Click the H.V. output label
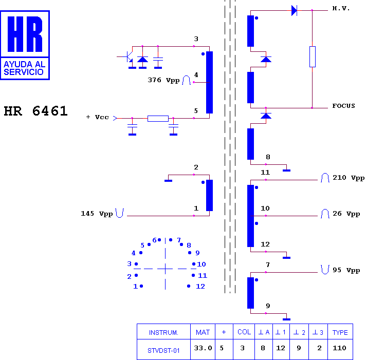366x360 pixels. click(341, 9)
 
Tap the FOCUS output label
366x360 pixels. click(343, 106)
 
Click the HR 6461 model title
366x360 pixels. click(35, 111)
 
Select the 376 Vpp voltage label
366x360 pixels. click(163, 80)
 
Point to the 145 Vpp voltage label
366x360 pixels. click(97, 214)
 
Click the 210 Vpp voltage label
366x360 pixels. click(349, 178)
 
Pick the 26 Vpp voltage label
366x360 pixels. click(346, 214)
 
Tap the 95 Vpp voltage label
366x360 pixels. click(346, 270)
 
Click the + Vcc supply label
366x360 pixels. click(97, 117)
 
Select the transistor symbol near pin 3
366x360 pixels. click(127, 57)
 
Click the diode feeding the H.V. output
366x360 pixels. click(294, 10)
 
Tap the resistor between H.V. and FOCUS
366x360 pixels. click(313, 56)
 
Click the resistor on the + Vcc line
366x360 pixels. click(158, 119)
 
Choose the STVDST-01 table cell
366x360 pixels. click(163, 350)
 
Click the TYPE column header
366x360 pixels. click(340, 332)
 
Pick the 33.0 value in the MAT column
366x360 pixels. click(203, 348)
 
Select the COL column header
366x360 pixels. click(244, 332)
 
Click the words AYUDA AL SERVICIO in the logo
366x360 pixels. click(25, 68)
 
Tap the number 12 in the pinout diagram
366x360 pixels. click(200, 287)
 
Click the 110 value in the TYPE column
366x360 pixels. click(339, 348)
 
